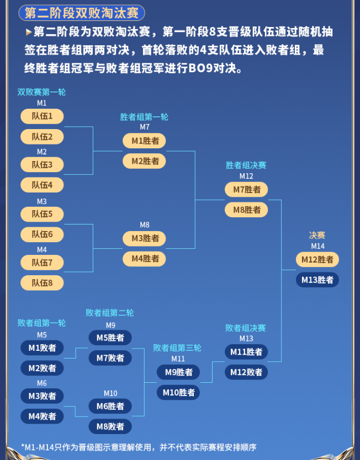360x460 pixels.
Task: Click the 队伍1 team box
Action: [42, 116]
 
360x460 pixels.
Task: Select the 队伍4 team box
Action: [42, 185]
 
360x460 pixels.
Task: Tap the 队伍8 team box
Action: [42, 283]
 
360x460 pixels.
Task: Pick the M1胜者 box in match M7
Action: [144, 141]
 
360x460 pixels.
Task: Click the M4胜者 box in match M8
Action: [144, 259]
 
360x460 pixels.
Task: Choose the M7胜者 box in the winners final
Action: [246, 190]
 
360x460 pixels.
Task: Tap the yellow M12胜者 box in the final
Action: [317, 259]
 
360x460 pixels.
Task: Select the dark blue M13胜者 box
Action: [317, 280]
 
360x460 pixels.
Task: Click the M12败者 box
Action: [246, 372]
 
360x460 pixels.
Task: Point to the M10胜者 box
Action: [178, 392]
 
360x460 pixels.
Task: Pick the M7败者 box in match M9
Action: [110, 357]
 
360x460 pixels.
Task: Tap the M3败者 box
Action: [42, 396]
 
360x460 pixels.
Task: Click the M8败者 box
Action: [110, 426]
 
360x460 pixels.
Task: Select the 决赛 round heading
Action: [317, 236]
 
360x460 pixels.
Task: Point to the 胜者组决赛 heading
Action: [246, 165]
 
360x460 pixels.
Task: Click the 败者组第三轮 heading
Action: [177, 348]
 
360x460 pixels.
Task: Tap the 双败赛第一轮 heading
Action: [41, 92]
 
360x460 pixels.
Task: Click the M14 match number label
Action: [317, 246]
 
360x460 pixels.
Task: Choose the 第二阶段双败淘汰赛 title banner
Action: [82, 13]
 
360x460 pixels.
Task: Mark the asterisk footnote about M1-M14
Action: [139, 447]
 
